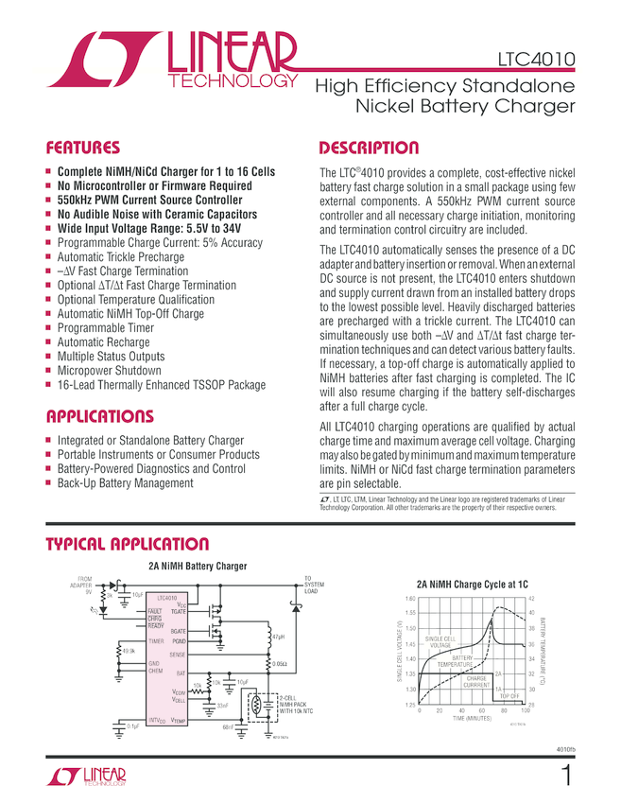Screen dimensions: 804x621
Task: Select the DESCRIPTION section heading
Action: coord(369,149)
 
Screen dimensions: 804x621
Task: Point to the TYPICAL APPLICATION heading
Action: coord(127,544)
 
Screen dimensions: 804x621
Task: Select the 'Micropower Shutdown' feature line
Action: coord(111,371)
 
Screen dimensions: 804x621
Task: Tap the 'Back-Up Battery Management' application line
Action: coord(125,483)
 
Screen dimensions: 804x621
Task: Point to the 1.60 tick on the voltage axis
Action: coord(409,600)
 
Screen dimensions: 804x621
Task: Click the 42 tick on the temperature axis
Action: coord(531,600)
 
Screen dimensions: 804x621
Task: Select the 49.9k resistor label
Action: coord(128,650)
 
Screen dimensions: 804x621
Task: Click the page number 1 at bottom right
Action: coord(565,777)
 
